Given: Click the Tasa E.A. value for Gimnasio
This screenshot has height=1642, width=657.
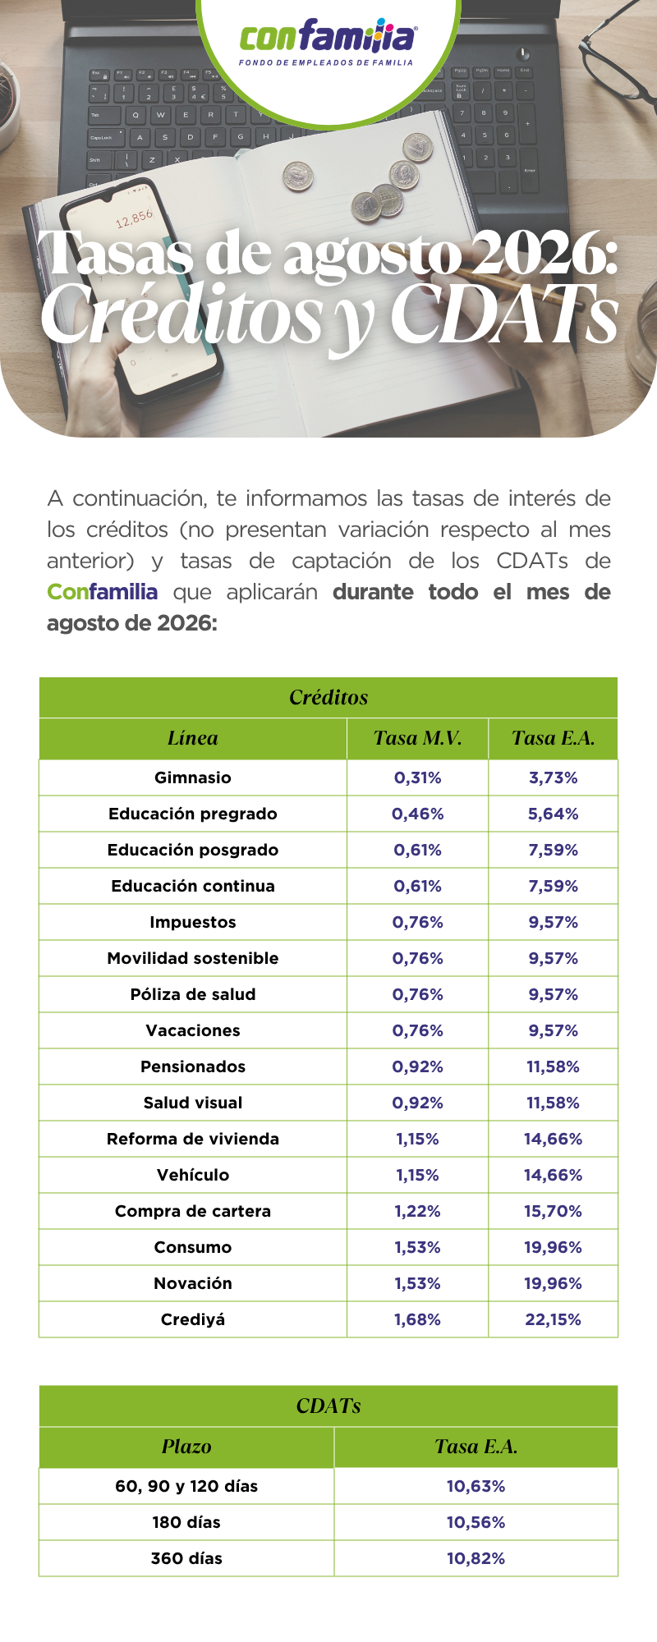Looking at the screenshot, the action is tap(553, 777).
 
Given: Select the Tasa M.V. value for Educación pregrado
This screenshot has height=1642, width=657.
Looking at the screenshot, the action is tap(417, 814).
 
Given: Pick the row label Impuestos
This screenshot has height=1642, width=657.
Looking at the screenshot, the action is tap(193, 922).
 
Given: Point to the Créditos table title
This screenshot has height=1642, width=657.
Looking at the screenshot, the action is tap(328, 697).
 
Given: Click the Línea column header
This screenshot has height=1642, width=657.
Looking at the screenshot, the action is tap(193, 738).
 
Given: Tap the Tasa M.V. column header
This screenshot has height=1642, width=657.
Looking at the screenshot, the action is tap(417, 738).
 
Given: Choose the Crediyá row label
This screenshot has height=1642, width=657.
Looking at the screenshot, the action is tap(193, 1319).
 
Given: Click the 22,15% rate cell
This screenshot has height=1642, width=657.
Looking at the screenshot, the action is tap(553, 1319).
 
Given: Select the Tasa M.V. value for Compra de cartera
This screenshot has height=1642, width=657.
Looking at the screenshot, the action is tap(417, 1211).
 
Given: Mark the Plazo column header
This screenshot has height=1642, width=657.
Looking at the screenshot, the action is tap(186, 1447).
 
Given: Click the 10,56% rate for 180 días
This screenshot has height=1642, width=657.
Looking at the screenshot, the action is tap(476, 1522).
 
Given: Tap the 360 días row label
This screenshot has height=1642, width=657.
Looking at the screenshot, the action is tap(186, 1558).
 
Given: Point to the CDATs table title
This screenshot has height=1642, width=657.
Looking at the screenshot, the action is tap(328, 1406).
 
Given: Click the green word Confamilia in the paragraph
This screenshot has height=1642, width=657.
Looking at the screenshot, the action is tap(102, 592).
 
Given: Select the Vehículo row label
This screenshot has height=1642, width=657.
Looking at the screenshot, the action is tap(193, 1175).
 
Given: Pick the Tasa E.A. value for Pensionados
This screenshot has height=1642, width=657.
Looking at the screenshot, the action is tap(553, 1066).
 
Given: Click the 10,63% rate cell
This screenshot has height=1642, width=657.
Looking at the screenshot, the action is tap(476, 1486).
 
